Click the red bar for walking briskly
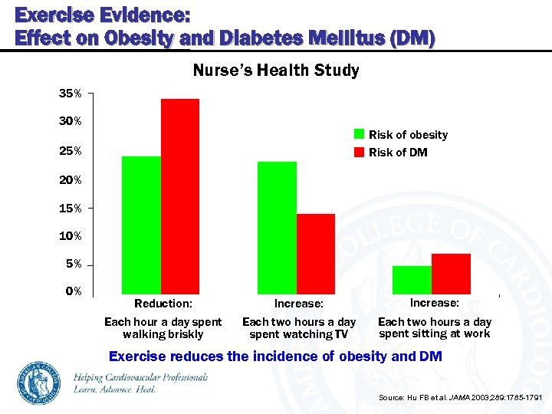tap(180, 196)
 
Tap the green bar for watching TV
tap(277, 228)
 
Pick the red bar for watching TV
tap(316, 254)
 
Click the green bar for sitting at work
tap(412, 280)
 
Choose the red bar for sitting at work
tap(451, 274)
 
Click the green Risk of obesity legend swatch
tap(359, 134)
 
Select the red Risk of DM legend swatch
tap(359, 152)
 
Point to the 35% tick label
tap(71, 94)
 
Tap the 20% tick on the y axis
tap(71, 179)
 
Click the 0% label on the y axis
tap(73, 292)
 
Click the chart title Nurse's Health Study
tap(275, 71)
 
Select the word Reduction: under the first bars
tap(163, 304)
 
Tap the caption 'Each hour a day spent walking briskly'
tap(163, 328)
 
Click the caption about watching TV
tap(299, 328)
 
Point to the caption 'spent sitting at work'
tap(435, 333)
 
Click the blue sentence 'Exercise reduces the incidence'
tap(275, 356)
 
